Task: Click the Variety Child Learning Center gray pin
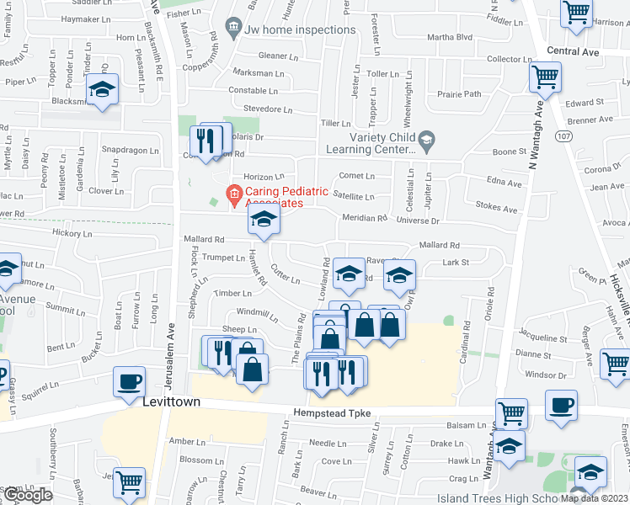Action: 426,139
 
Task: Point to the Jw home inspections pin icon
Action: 232,30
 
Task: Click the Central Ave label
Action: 572,51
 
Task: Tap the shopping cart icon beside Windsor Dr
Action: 616,364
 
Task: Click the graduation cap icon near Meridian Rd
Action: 264,221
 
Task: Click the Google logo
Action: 27,495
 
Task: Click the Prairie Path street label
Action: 460,93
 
